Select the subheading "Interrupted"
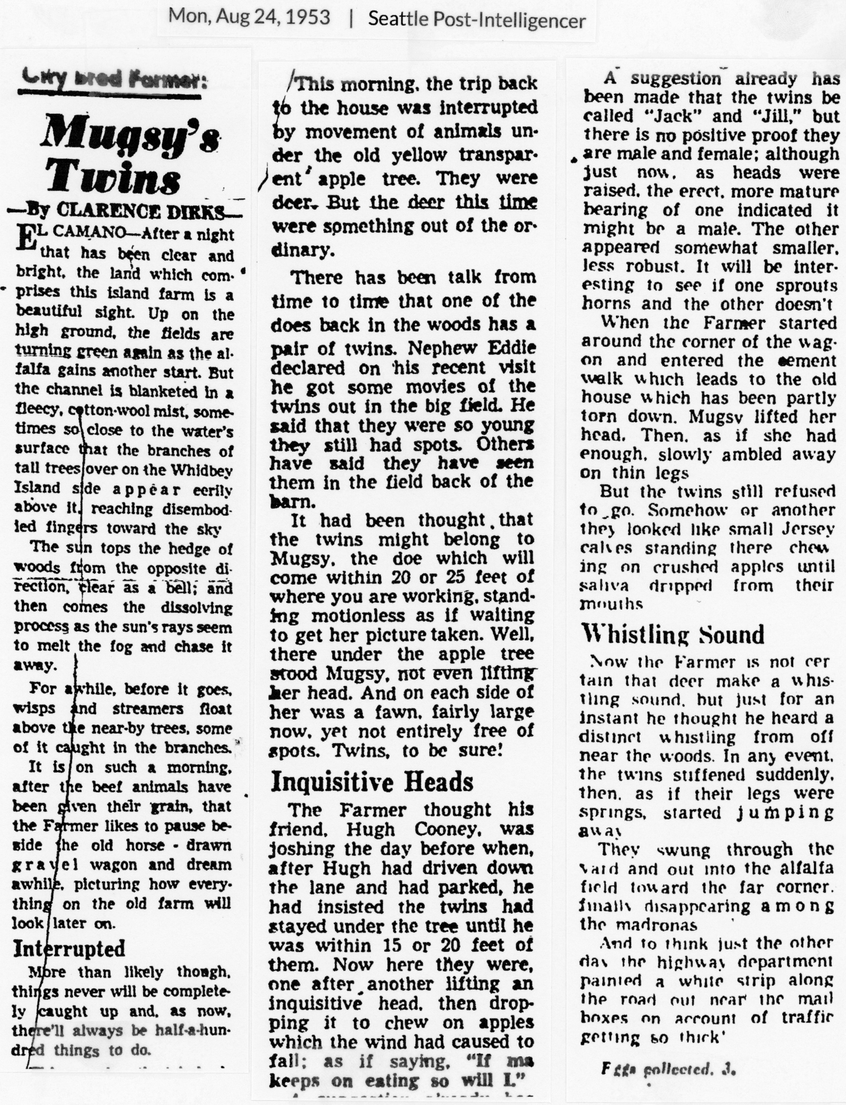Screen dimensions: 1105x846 click(x=69, y=948)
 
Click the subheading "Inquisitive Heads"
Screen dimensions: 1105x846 click(x=372, y=782)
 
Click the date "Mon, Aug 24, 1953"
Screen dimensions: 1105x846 click(x=249, y=18)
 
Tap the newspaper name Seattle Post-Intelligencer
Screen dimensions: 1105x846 click(x=476, y=19)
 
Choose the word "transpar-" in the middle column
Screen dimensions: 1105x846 click(x=498, y=155)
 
